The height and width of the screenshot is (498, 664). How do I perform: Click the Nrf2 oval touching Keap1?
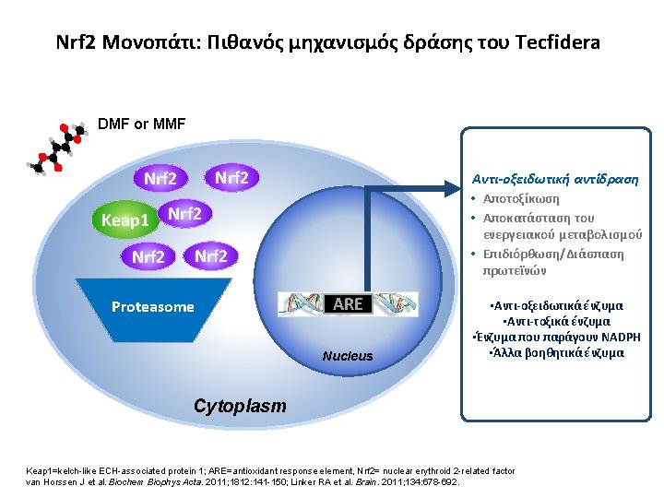click(186, 214)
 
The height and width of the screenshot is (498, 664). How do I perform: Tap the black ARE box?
click(348, 303)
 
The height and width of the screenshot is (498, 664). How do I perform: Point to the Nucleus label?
click(348, 356)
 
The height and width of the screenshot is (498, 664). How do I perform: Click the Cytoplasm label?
click(240, 406)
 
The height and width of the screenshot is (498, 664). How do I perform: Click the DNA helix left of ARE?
click(303, 304)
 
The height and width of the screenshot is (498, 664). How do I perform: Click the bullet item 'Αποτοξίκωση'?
click(528, 198)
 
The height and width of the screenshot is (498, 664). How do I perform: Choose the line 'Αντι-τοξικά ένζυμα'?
click(557, 320)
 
